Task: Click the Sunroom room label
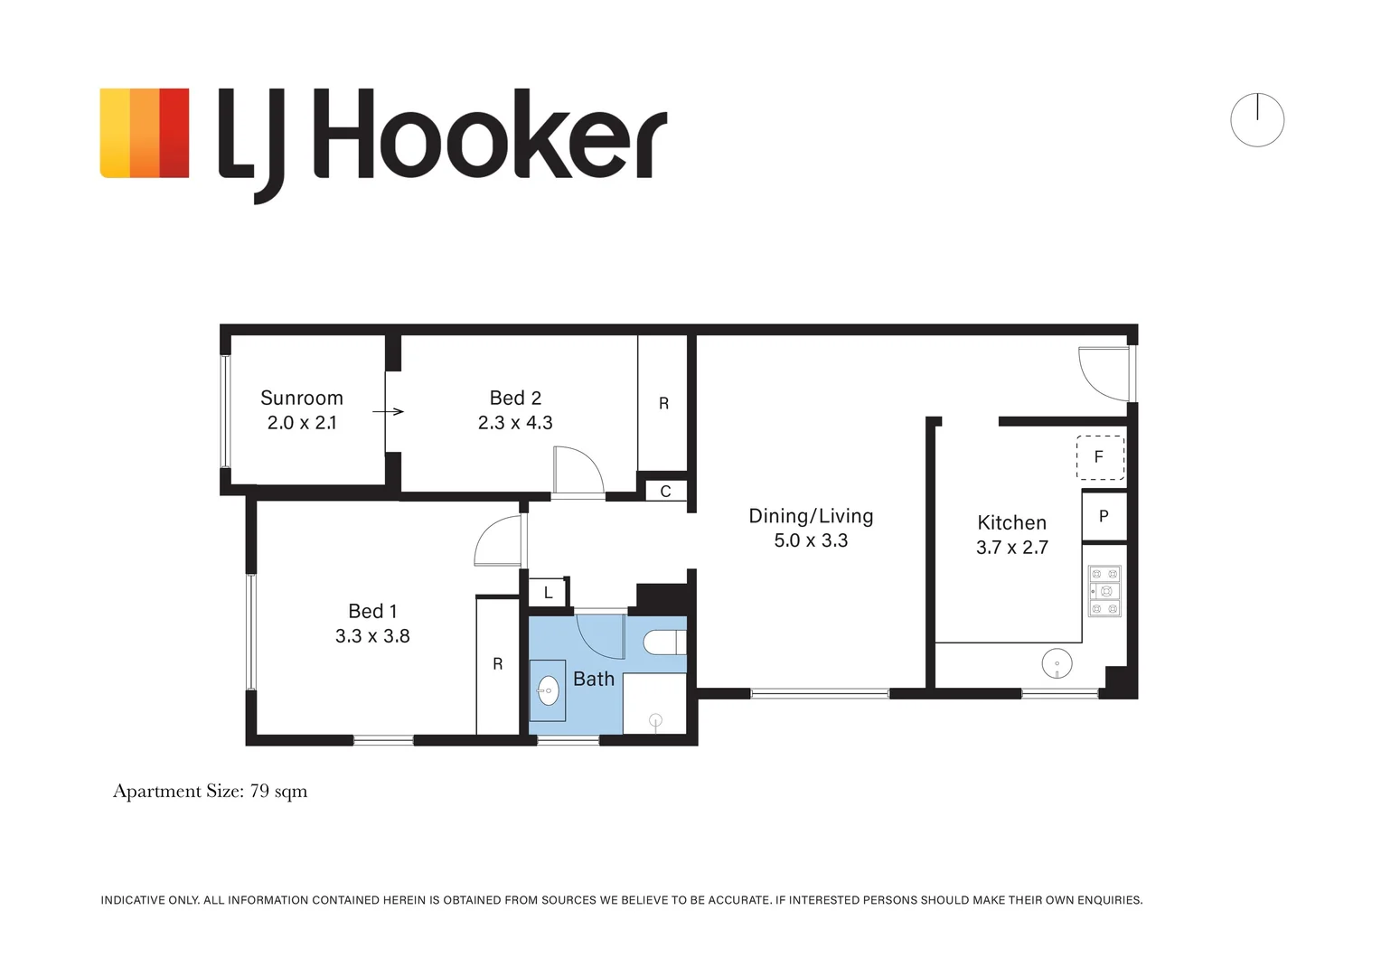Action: coord(302,399)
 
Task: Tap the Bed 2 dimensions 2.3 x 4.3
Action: coord(515,423)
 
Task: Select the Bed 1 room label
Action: coord(372,611)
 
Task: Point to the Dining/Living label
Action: coord(811,516)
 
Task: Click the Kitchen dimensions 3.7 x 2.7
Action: coord(1011,548)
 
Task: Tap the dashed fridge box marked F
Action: coord(1101,457)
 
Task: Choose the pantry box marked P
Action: coord(1104,516)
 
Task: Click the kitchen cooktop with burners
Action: coord(1104,591)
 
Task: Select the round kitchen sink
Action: coord(1057,664)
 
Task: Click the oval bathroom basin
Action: coord(548,691)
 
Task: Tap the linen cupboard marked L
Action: coord(548,593)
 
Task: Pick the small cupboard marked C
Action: coord(665,492)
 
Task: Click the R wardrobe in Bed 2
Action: coord(662,403)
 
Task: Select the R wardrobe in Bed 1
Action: coord(497,664)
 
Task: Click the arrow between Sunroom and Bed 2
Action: coord(388,412)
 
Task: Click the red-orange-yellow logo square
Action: coord(145,133)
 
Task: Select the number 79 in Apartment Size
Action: coord(258,791)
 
